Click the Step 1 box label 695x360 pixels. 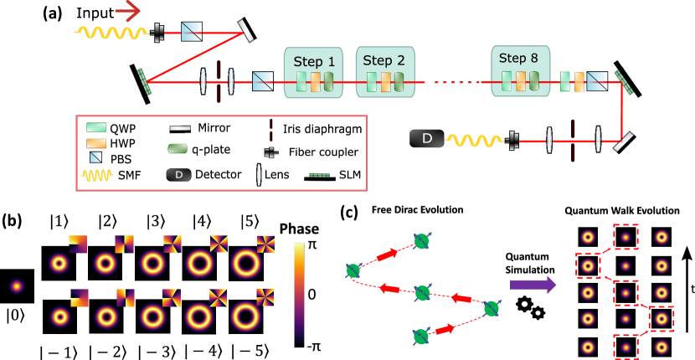313,61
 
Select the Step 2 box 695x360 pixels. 385,72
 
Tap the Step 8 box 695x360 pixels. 520,71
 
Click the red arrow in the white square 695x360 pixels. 128,11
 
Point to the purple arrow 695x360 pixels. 533,285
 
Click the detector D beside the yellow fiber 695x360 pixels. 426,138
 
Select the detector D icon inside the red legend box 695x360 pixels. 178,175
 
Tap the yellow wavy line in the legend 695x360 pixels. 97,176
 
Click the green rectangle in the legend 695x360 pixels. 96,127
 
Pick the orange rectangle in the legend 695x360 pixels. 96,143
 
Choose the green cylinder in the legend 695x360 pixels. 178,148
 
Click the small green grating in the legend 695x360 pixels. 319,175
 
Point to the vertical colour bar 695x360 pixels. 299,293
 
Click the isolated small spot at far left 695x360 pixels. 17,286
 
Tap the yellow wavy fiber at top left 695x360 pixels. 111,33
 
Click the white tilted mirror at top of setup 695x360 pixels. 245,31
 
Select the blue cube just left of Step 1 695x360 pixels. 263,81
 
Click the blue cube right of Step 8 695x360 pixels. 596,81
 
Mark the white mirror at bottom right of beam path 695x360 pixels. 623,141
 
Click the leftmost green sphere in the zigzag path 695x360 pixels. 353,270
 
